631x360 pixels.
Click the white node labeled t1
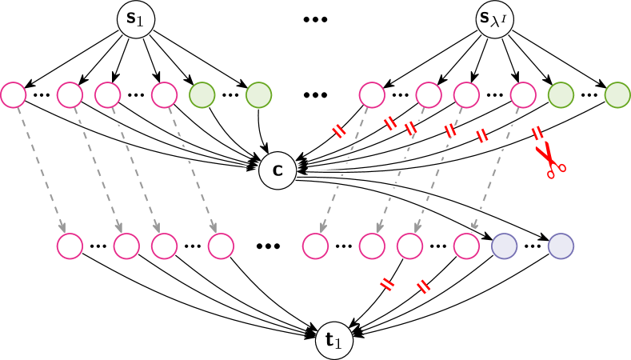tap(334, 342)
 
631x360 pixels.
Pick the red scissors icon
tap(549, 159)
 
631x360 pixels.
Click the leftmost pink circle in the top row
tap(13, 95)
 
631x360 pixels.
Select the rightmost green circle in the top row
tap(617, 95)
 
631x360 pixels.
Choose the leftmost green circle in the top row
tap(202, 95)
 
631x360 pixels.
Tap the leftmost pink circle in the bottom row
tap(70, 246)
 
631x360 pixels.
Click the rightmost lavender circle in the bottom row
tap(561, 246)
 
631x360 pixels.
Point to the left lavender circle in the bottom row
tap(504, 246)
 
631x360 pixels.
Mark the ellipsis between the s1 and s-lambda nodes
tap(315, 19)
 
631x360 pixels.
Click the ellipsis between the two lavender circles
tap(533, 246)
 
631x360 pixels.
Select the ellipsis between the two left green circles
tap(230, 95)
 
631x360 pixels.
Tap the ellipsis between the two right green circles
tap(589, 95)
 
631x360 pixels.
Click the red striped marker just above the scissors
tap(537, 133)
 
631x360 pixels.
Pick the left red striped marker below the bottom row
tap(387, 284)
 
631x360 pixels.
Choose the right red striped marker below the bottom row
tap(424, 286)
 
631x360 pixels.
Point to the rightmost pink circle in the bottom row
tap(466, 246)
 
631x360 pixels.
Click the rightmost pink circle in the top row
tap(523, 95)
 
